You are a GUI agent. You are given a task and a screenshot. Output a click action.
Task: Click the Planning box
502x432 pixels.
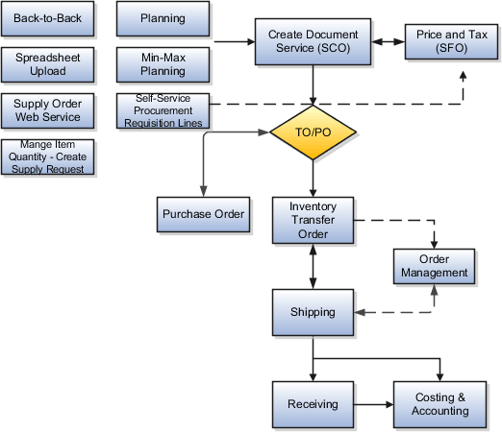163,19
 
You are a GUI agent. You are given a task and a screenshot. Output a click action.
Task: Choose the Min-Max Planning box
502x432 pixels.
163,64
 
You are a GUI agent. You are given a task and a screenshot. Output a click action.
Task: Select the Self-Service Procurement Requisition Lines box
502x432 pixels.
163,110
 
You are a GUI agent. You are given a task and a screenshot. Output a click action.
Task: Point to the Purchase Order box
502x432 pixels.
203,214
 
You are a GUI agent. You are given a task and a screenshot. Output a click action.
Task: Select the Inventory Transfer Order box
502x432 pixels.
313,220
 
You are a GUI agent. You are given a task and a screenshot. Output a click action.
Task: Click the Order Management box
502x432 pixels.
434,266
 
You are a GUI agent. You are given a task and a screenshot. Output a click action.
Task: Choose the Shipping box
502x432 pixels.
313,312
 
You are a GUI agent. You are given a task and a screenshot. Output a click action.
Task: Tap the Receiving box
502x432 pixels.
313,404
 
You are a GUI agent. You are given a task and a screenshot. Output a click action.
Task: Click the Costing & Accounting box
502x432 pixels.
441,404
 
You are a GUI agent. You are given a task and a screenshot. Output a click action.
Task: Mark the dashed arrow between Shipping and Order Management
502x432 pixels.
394,312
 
